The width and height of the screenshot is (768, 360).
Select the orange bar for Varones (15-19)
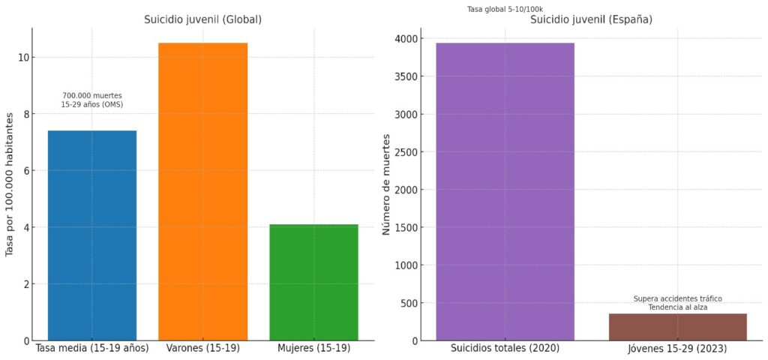click(202, 191)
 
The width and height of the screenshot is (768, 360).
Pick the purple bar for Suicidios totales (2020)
click(505, 191)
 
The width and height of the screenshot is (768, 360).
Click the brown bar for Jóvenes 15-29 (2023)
click(677, 327)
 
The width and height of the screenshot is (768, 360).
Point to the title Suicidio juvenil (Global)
click(202, 19)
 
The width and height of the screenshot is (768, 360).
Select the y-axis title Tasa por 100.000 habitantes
click(10, 184)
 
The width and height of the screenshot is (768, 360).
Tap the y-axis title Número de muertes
click(387, 184)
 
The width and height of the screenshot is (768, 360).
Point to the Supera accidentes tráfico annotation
click(677, 298)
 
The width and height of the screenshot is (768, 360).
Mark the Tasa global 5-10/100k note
click(505, 9)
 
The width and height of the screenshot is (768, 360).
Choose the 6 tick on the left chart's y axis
click(25, 171)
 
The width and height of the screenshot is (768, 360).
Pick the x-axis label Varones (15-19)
click(202, 349)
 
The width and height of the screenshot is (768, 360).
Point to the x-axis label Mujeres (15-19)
click(313, 349)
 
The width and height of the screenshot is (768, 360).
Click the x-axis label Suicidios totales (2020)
click(505, 349)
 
